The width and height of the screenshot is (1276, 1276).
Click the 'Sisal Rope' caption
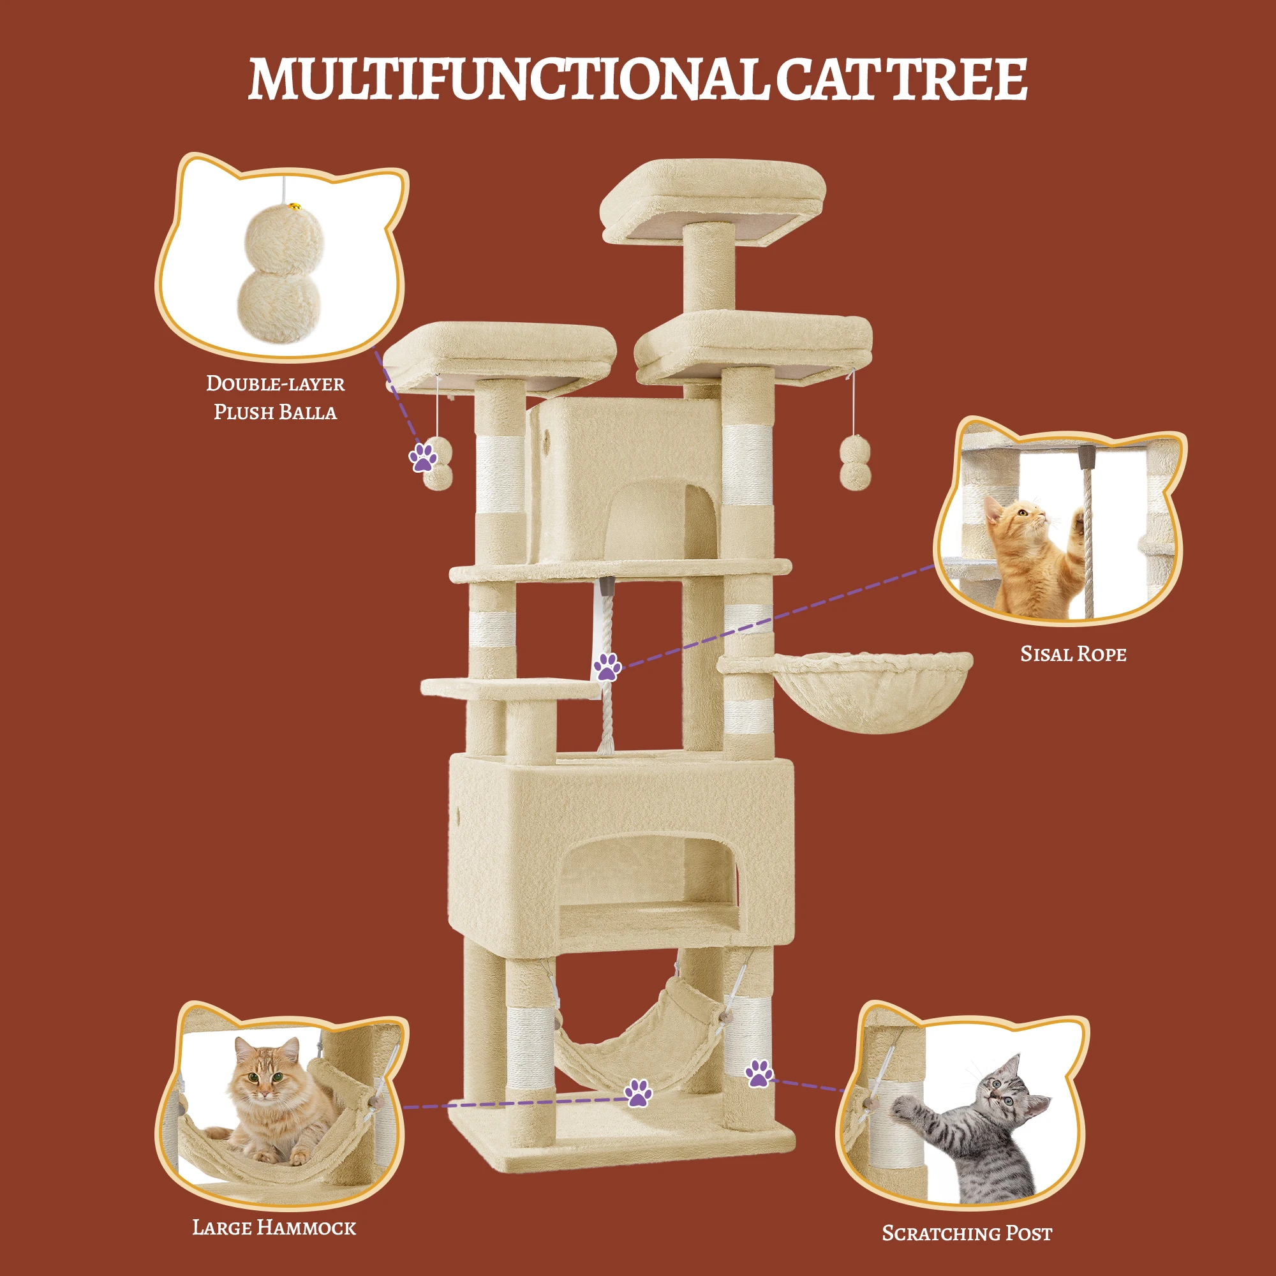click(1073, 654)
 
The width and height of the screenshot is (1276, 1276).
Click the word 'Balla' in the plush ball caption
click(307, 413)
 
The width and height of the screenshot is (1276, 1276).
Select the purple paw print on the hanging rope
click(606, 667)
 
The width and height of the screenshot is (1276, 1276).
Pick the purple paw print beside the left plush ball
click(424, 457)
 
